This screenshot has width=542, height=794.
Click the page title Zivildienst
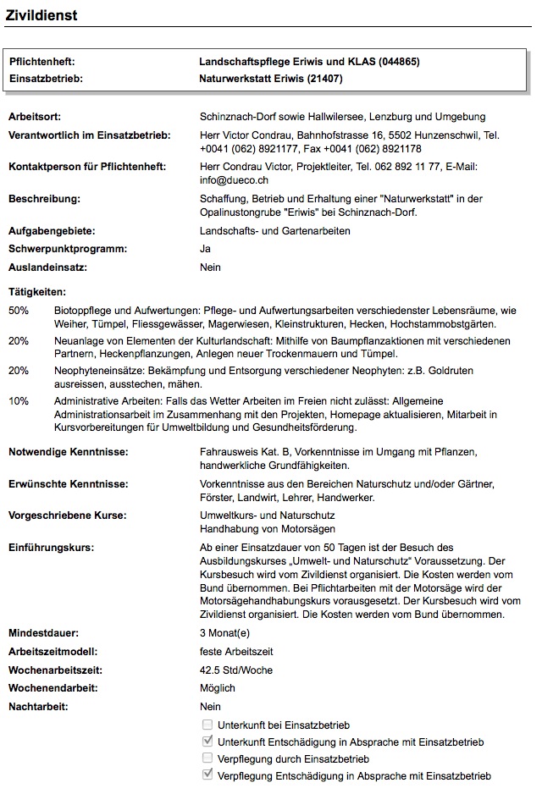pos(41,14)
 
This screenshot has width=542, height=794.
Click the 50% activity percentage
pos(18,311)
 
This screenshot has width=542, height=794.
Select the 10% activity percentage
pos(18,400)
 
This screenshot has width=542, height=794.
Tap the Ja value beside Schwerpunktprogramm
pos(205,249)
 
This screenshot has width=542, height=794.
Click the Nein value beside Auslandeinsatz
pos(210,267)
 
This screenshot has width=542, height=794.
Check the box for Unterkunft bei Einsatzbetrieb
pos(207,725)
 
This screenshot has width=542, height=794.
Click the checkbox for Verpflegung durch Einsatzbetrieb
pos(207,759)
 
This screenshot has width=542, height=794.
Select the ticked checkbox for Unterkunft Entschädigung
pos(207,742)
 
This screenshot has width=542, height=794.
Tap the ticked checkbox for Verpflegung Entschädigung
pos(207,775)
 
